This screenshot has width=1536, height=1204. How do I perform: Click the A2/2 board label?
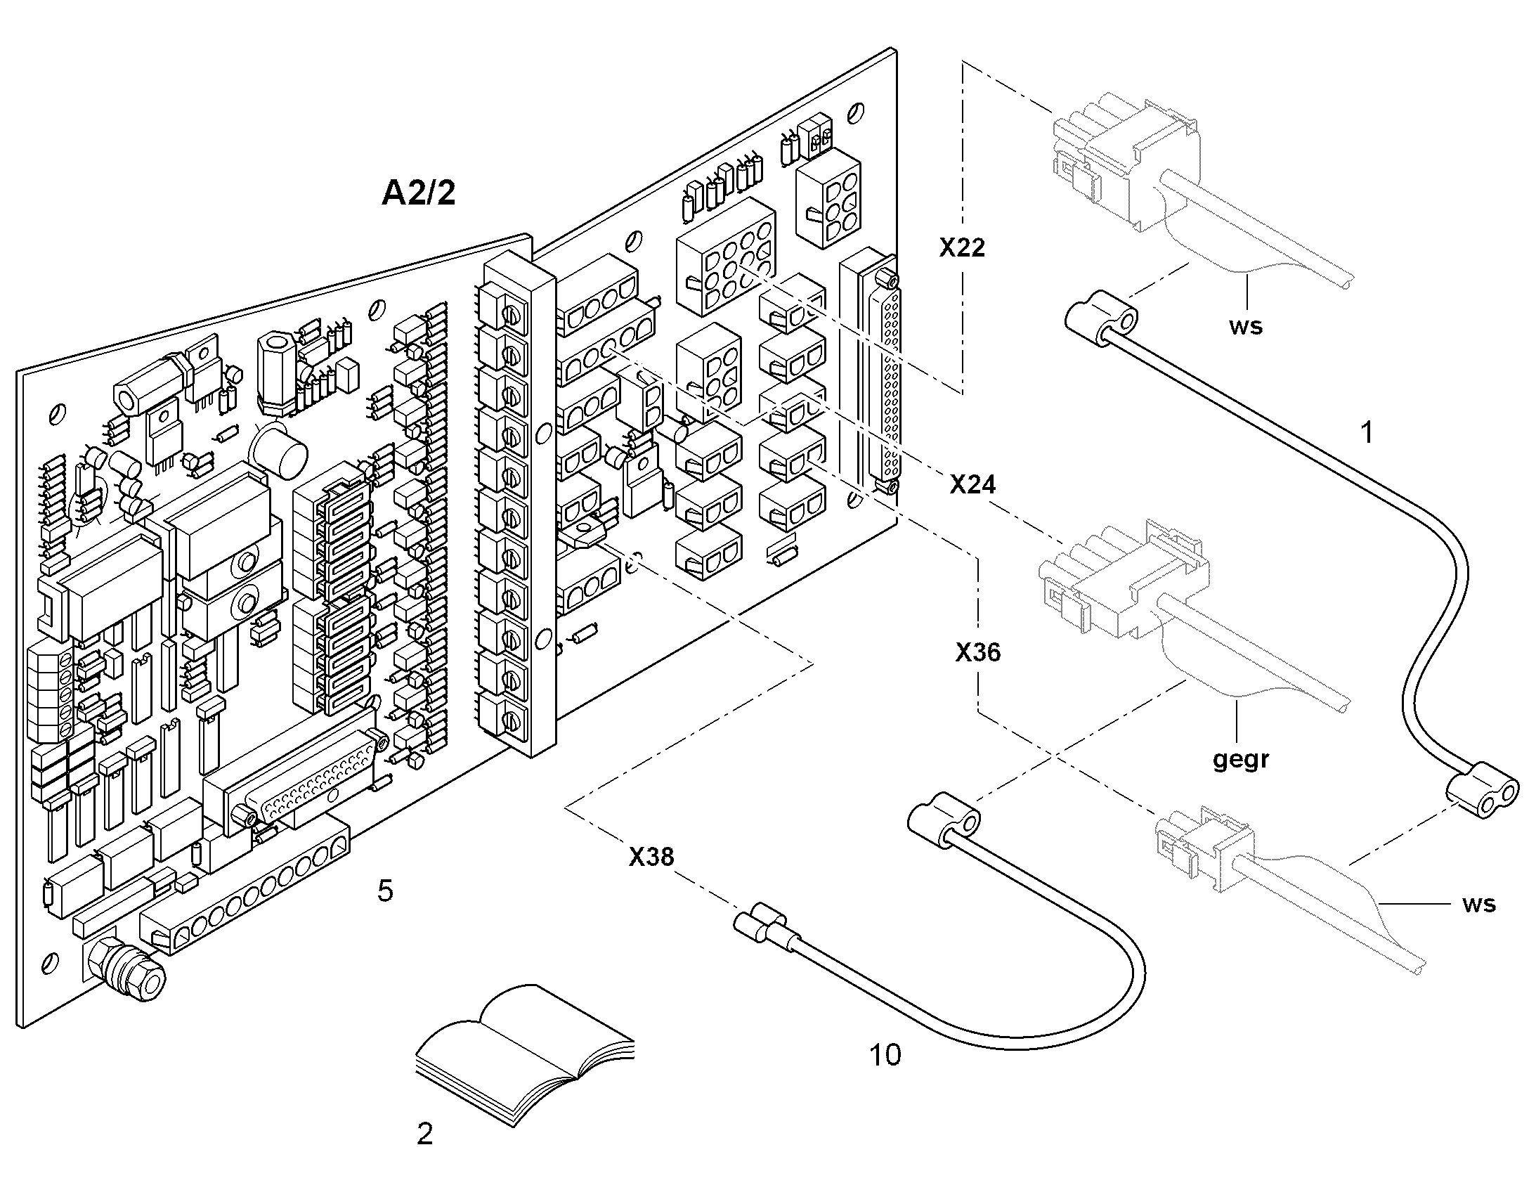click(x=419, y=193)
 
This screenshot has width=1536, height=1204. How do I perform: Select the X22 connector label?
click(x=962, y=247)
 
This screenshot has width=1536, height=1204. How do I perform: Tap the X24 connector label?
click(x=972, y=484)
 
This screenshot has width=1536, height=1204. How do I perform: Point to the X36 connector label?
click(x=978, y=652)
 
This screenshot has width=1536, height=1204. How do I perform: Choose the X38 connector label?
click(x=651, y=857)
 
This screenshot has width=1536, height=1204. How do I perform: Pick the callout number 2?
click(x=424, y=1134)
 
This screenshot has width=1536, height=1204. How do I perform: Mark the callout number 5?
click(x=385, y=891)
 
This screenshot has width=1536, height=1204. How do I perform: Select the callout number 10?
click(x=885, y=1055)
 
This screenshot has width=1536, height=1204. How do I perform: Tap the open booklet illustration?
click(x=525, y=1054)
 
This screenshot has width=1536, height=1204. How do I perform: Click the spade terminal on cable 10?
click(x=767, y=926)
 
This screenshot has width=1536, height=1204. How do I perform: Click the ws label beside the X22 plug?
click(x=1246, y=327)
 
